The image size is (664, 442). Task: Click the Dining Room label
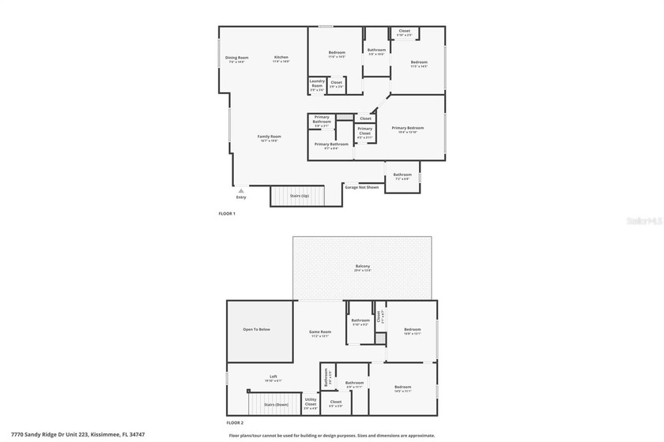[x=237, y=58]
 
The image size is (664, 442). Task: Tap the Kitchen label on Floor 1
[x=281, y=58]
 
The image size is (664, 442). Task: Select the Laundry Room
[x=317, y=84]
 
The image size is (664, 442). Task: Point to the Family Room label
[x=270, y=137]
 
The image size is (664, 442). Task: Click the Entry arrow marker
[x=241, y=191]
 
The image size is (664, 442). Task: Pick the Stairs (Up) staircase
[x=298, y=196]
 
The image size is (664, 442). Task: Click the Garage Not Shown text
[x=361, y=187]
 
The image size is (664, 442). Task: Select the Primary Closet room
[x=364, y=133]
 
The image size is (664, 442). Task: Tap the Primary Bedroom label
[x=408, y=128]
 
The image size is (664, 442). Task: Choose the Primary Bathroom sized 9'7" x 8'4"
[x=331, y=145]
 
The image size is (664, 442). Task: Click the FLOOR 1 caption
[x=227, y=213]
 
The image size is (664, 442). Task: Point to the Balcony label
[x=362, y=267]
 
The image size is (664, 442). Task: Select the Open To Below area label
[x=257, y=329]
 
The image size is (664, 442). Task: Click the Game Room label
[x=320, y=332]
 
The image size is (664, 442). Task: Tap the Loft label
[x=274, y=377]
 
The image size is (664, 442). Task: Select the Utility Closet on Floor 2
[x=311, y=403]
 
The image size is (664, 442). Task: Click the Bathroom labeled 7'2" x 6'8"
[x=402, y=176]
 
